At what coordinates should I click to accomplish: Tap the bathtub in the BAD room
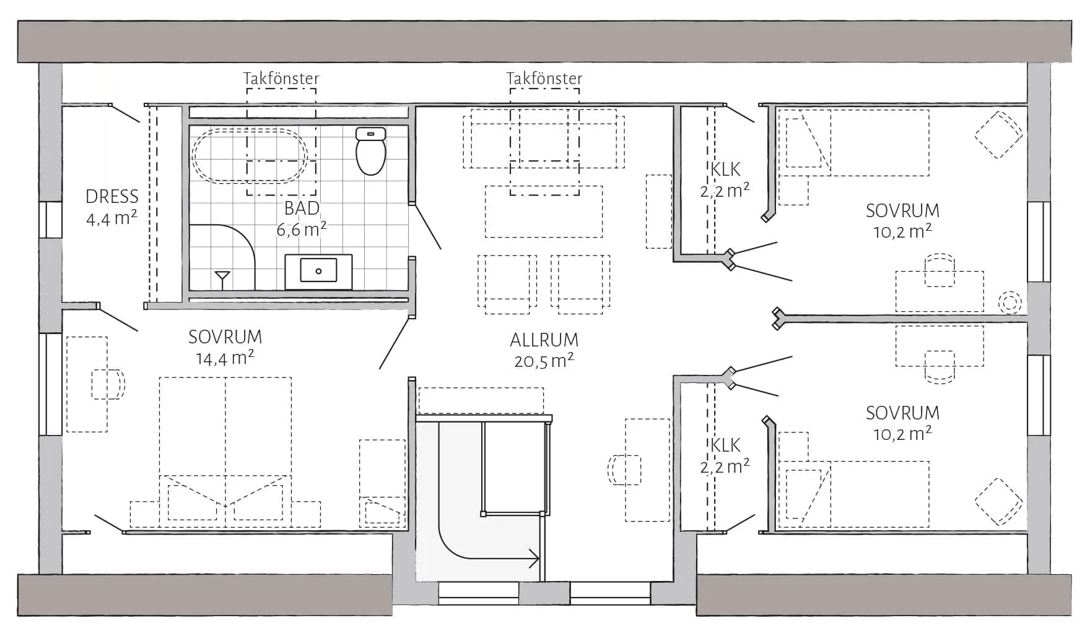[x=250, y=156]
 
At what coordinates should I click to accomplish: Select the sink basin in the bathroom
[x=318, y=271]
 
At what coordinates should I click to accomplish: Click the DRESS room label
[x=112, y=197]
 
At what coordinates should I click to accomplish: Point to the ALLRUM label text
[x=544, y=340]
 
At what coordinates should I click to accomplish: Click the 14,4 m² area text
[x=225, y=358]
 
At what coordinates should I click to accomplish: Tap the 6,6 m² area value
[x=301, y=230]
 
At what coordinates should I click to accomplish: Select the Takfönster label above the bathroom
[x=281, y=79]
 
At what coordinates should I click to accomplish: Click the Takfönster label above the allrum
[x=544, y=79]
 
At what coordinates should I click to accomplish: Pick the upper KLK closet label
[x=725, y=170]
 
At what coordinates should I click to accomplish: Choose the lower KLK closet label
[x=725, y=445]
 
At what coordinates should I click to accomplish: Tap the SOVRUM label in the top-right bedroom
[x=902, y=211]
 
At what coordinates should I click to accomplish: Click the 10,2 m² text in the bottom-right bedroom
[x=902, y=434]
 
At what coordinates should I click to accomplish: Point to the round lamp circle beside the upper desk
[x=1010, y=302]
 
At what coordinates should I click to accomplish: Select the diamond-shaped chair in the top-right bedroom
[x=998, y=134]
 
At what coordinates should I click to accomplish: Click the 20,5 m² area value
[x=544, y=361]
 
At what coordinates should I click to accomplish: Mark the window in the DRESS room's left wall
[x=51, y=220]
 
